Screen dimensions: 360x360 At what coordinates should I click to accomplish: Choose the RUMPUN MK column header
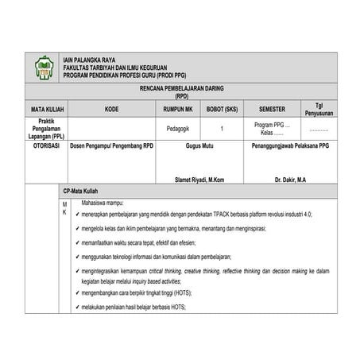pyautogui.click(x=177, y=109)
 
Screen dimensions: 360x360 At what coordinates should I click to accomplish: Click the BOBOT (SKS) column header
pyautogui.click(x=222, y=109)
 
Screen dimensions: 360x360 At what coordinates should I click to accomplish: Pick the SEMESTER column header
pyautogui.click(x=272, y=109)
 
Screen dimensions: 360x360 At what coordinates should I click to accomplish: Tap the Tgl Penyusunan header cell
pyautogui.click(x=319, y=109)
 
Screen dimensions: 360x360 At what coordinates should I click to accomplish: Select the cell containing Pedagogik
pyautogui.click(x=177, y=128)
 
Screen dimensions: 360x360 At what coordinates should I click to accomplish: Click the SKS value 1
pyautogui.click(x=222, y=128)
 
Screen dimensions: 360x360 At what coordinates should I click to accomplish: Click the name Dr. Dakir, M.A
pyautogui.click(x=291, y=180)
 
